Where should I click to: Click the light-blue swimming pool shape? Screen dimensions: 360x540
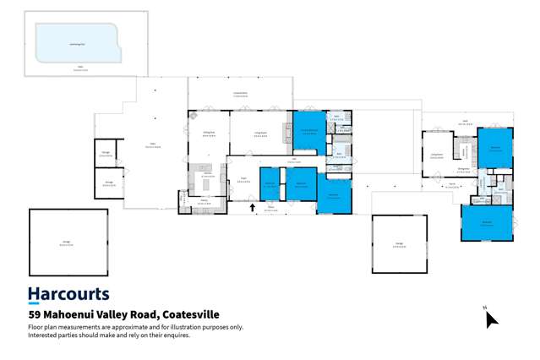[x=74, y=39]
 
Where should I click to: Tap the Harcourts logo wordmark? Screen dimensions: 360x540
[x=68, y=295]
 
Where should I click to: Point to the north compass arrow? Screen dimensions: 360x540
[x=491, y=319]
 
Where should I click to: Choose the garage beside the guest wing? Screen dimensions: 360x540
[x=399, y=244]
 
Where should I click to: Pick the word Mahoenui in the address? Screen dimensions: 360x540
[x=74, y=315]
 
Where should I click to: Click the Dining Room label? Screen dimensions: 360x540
[x=208, y=134]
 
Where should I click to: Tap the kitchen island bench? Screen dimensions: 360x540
[x=205, y=183]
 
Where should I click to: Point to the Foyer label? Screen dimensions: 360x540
[x=243, y=179]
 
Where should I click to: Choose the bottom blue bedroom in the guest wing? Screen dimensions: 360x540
[x=487, y=223]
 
